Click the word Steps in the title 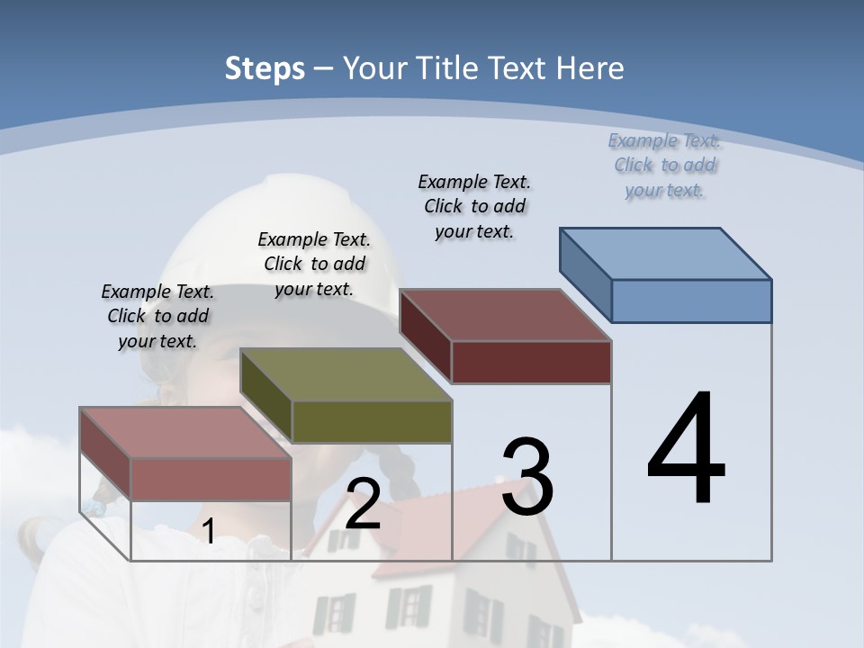[x=265, y=68]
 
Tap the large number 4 [x=687, y=450]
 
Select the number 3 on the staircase [x=527, y=478]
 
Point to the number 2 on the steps [x=363, y=505]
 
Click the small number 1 [x=208, y=532]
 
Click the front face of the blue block [x=691, y=301]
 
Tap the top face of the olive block [x=346, y=373]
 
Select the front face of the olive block [x=372, y=421]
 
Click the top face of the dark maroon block [x=506, y=315]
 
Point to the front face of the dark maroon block [x=531, y=362]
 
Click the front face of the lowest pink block [x=211, y=479]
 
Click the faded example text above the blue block [x=664, y=165]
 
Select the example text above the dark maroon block [x=474, y=206]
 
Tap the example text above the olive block [x=314, y=264]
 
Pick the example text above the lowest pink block [x=157, y=316]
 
